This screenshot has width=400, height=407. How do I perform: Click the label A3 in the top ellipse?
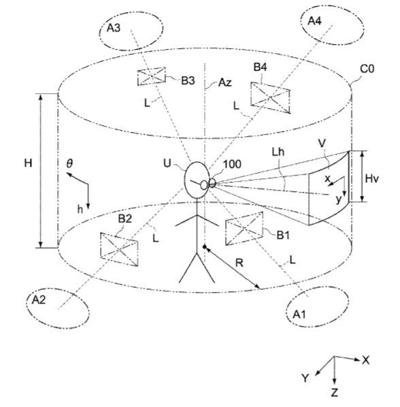(114, 27)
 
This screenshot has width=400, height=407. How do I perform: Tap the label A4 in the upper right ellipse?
(314, 20)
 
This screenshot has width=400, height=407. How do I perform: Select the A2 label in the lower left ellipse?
(39, 299)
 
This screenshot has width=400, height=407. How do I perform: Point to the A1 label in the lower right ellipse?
(299, 314)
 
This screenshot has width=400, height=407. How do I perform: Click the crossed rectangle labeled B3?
(151, 76)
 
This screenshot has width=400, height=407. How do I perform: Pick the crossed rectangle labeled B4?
(270, 97)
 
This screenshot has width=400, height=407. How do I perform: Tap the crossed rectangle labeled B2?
(119, 249)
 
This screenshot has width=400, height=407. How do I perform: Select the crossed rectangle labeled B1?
(244, 229)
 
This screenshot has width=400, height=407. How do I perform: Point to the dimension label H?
(28, 163)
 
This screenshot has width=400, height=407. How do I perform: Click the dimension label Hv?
(371, 178)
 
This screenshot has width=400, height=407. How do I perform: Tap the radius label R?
(239, 263)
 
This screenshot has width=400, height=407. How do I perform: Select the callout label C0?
(367, 69)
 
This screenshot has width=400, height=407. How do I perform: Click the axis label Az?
(225, 82)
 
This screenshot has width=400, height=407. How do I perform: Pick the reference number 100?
(232, 164)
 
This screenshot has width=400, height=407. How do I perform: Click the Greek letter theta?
(69, 163)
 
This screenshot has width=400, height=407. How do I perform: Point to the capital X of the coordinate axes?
(366, 360)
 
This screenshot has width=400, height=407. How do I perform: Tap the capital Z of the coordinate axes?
(335, 393)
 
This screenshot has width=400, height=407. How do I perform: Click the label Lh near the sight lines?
(278, 152)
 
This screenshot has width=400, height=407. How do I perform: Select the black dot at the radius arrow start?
(204, 246)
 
